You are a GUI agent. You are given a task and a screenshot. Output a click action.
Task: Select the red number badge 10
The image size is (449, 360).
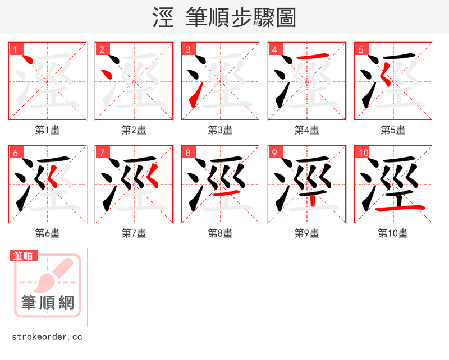362,153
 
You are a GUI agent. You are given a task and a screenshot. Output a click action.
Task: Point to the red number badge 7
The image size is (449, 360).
102,153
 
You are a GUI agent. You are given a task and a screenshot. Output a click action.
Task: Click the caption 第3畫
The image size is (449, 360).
221,130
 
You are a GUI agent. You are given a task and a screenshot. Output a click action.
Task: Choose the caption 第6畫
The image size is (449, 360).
48,233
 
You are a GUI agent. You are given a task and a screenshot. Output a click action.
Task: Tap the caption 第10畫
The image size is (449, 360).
393,233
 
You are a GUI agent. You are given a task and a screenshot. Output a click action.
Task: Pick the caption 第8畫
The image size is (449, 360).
221,233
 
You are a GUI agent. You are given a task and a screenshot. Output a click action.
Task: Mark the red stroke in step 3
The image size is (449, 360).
193,100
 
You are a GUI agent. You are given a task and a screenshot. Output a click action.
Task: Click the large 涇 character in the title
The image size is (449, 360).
162,18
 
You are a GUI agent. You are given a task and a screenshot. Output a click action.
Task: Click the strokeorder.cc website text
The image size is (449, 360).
47,338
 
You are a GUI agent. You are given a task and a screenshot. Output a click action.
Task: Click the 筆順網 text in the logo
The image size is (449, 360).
48,303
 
